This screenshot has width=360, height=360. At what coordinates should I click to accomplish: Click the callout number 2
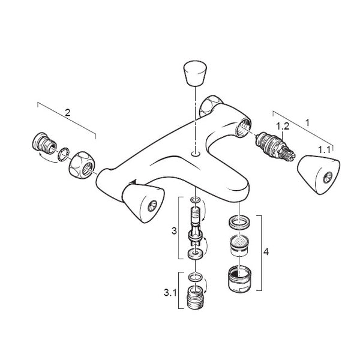[67, 113]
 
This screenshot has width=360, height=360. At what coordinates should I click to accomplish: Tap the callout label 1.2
[283, 126]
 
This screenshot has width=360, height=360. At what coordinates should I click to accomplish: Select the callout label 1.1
[324, 150]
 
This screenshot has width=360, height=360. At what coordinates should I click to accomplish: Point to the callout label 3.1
[170, 293]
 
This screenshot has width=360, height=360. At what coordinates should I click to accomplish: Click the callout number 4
[266, 252]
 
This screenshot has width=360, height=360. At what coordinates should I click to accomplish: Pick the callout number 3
[174, 231]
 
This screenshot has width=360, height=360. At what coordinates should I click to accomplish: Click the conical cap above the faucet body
[195, 73]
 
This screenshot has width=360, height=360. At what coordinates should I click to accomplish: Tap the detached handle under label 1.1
[319, 175]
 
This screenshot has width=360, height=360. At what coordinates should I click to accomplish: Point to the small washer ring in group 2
[64, 155]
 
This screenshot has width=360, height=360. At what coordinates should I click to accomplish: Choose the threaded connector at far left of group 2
[44, 143]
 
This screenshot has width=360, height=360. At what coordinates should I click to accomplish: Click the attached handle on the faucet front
[143, 203]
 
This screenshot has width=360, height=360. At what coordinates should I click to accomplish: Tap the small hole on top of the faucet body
[196, 154]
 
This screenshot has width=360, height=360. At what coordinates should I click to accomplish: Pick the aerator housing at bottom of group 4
[240, 279]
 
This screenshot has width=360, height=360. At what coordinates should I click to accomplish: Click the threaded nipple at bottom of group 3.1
[196, 298]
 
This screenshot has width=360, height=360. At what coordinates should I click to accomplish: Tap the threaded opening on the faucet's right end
[243, 127]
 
